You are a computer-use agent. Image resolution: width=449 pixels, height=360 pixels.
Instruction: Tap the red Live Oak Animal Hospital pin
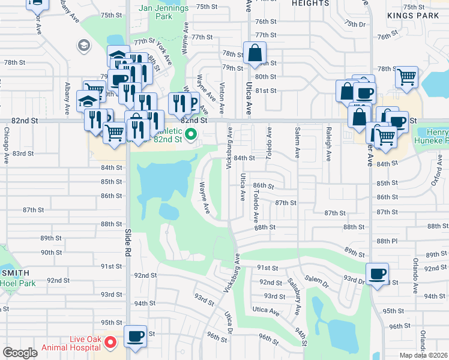110,343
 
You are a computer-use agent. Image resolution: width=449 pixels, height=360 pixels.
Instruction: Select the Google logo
20,353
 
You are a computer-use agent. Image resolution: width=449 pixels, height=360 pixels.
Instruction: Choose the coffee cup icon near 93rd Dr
377,275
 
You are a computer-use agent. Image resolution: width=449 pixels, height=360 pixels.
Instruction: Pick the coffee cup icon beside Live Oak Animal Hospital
135,336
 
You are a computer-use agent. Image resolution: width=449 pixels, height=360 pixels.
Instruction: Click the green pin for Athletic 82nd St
191,134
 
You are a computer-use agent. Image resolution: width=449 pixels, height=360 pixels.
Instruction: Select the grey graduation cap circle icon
83,45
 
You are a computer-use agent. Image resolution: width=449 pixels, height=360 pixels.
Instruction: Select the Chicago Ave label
6,145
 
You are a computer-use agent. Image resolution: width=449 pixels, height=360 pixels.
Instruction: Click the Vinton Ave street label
222,98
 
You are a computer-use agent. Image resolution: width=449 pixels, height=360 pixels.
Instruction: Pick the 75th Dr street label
355,24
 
